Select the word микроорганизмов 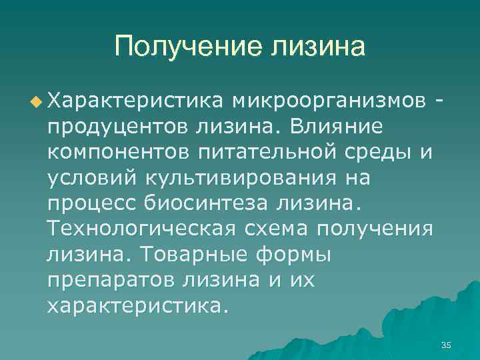pos(329,101)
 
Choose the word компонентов pos(118,152)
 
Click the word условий pos(91,178)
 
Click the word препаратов pos(110,281)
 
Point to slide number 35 pos(446,344)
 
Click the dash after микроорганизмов pos(438,101)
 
